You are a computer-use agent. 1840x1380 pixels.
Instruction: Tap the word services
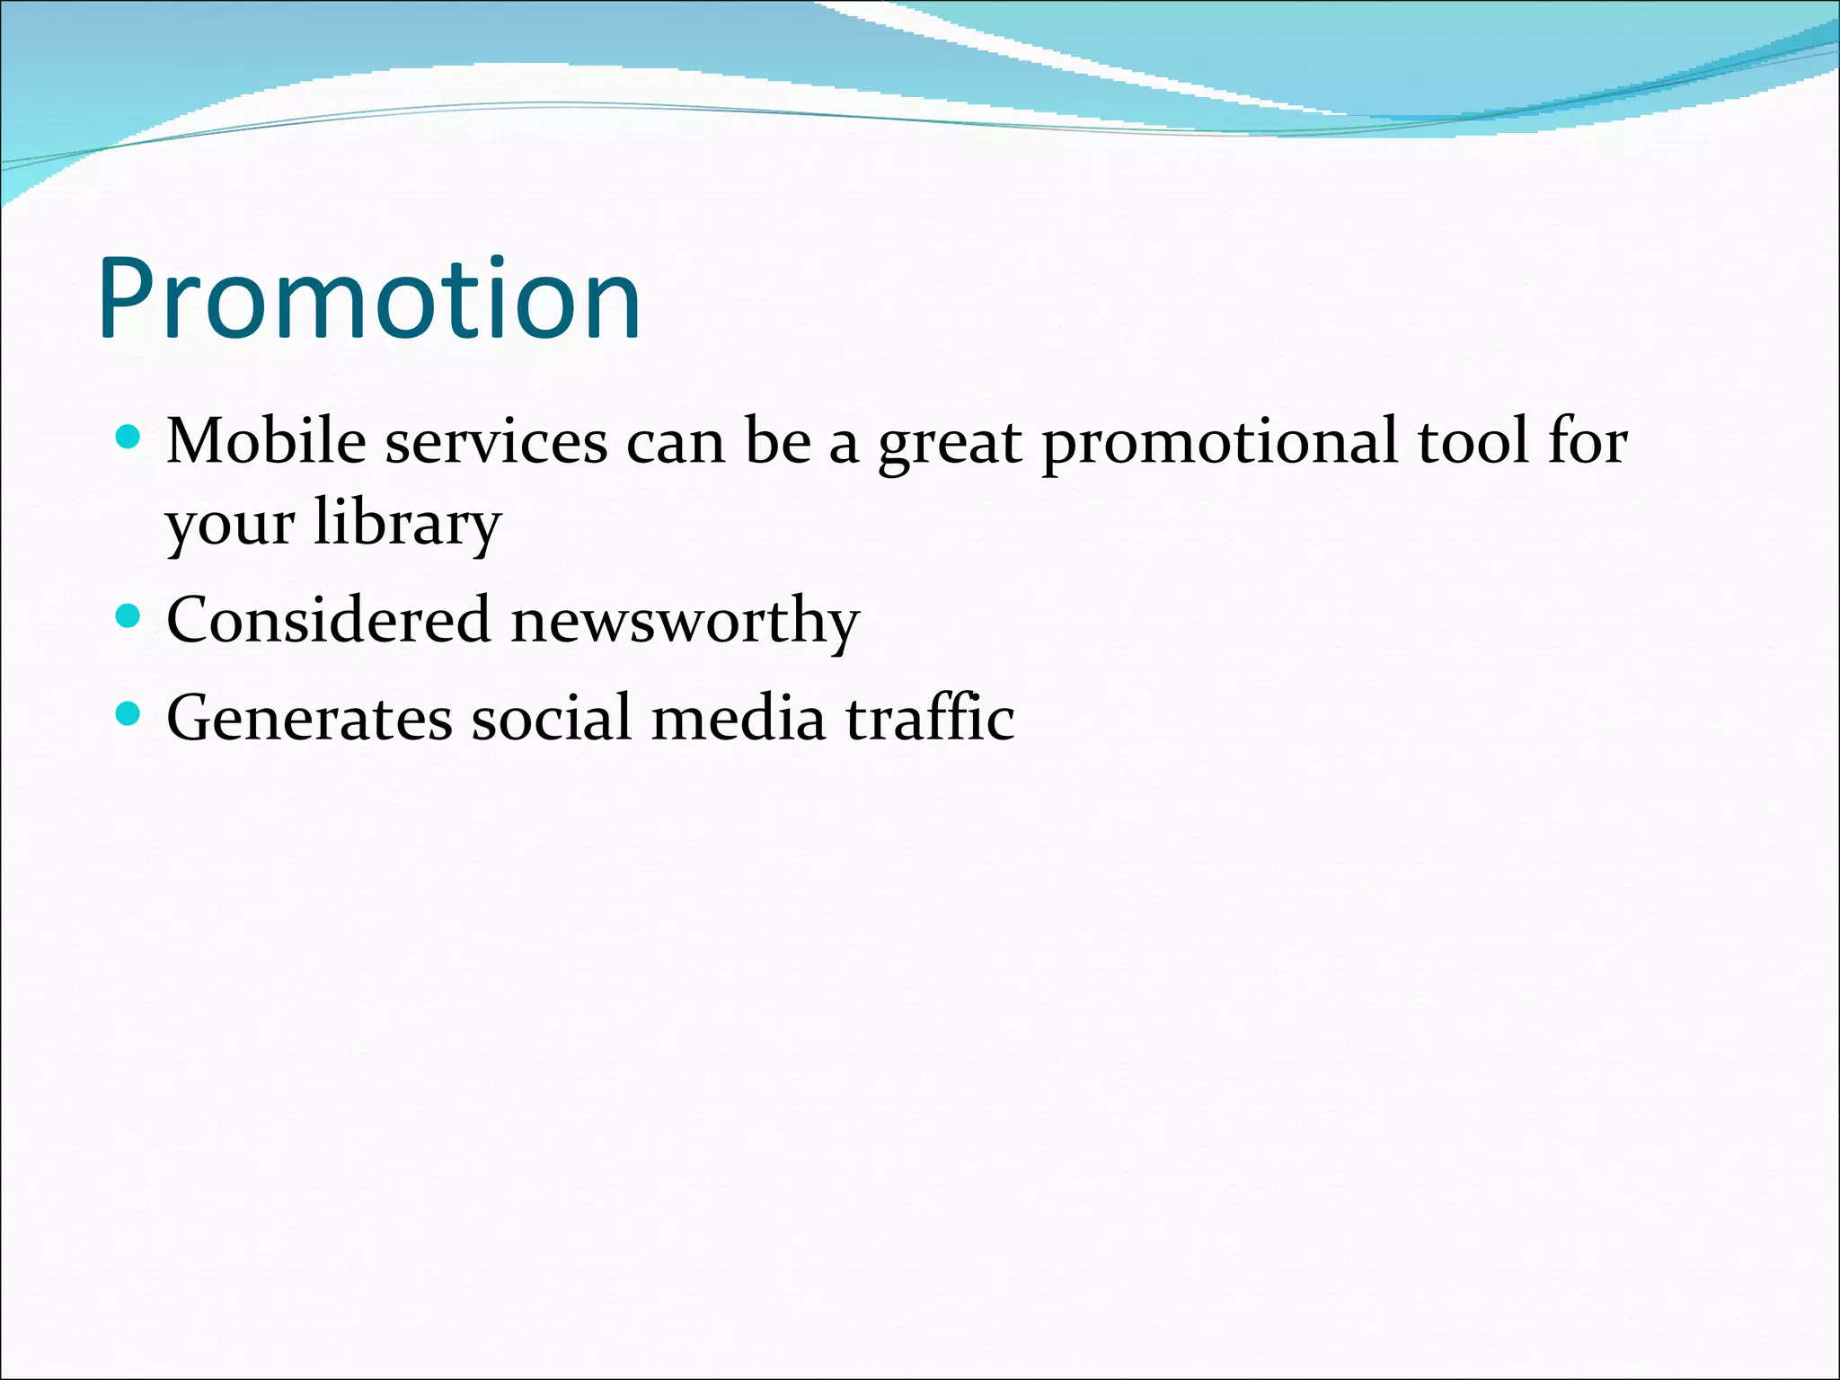click(496, 443)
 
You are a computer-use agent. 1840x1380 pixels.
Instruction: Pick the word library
click(407, 525)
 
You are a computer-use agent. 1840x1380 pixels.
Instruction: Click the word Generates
click(309, 719)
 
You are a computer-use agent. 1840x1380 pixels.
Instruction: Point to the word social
click(552, 719)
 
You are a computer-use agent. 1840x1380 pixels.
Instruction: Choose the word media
click(738, 719)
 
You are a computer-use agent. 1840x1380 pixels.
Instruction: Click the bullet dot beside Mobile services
click(129, 438)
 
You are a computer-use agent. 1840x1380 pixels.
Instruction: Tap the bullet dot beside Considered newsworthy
click(129, 616)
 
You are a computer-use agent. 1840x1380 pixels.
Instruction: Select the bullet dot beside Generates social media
click(129, 714)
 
